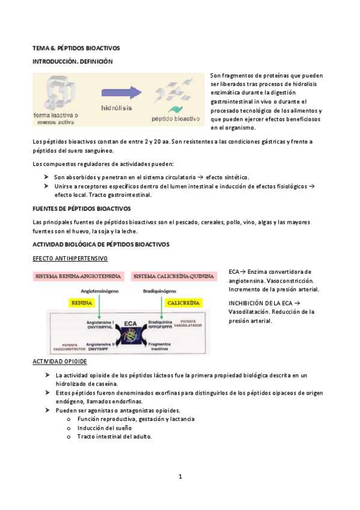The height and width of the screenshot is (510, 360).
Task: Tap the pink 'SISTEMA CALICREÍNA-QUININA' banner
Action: tap(174, 277)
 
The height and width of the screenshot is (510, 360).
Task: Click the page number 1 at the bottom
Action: tap(180, 477)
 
